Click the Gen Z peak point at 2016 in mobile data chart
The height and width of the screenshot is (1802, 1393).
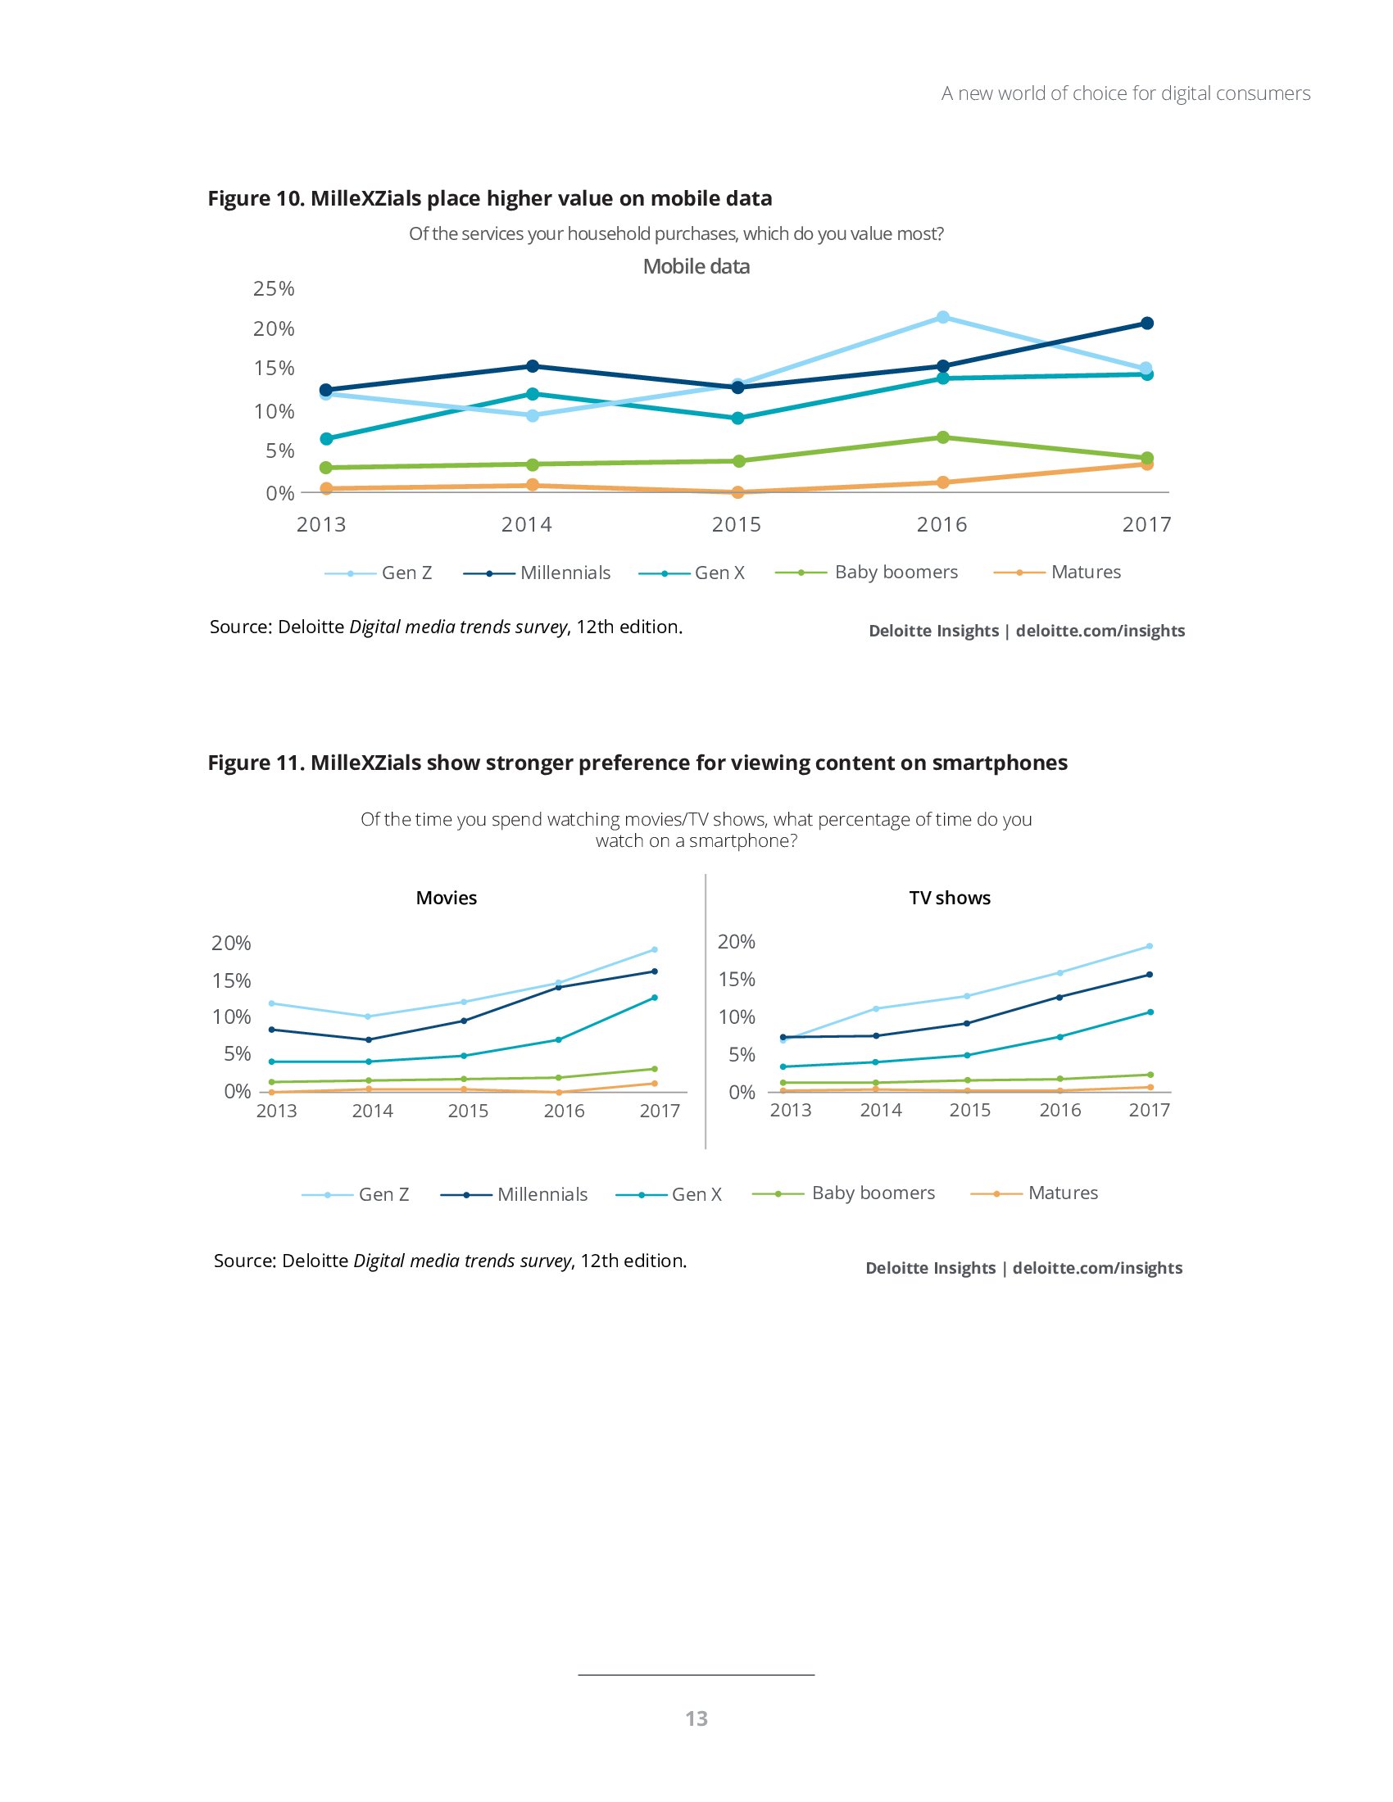[x=942, y=318]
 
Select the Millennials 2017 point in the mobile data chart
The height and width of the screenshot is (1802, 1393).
[x=1146, y=324]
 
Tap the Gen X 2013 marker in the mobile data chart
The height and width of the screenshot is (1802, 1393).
[x=326, y=439]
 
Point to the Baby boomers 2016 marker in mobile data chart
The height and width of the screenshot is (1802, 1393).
[x=942, y=437]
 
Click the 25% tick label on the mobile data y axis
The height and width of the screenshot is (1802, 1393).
[x=274, y=289]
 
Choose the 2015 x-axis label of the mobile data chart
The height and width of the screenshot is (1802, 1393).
[x=736, y=525]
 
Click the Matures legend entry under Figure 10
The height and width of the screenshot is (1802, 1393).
[x=1085, y=572]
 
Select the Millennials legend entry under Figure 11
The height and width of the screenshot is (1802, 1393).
[x=542, y=1194]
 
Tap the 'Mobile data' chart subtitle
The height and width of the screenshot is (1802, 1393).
[x=696, y=266]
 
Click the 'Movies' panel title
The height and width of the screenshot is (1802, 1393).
[x=447, y=898]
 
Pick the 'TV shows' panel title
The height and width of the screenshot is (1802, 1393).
[x=950, y=898]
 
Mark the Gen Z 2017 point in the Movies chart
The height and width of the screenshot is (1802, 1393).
[x=655, y=949]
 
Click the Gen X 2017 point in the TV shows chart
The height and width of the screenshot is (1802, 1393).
[x=1150, y=1012]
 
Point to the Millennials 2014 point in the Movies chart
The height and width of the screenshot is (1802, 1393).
[x=368, y=1039]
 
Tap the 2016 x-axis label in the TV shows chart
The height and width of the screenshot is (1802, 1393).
[x=1059, y=1111]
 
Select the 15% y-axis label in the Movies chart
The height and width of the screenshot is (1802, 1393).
[x=231, y=981]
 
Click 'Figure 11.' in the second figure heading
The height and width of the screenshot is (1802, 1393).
[x=256, y=763]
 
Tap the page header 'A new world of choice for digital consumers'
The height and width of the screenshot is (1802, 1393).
[x=1126, y=93]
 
